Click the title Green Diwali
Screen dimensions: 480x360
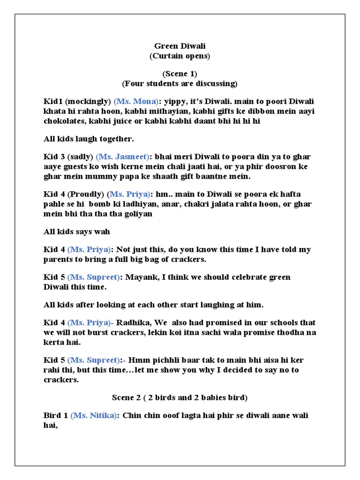pos(180,46)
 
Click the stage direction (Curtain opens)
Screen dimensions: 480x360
pos(180,56)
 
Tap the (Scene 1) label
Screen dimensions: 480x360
pos(180,74)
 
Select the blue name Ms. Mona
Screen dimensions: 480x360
pos(136,102)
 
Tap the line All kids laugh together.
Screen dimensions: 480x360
pos(89,139)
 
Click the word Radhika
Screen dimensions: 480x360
pos(131,322)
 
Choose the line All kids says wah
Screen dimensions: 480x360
pos(77,232)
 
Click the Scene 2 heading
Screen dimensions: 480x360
pos(180,397)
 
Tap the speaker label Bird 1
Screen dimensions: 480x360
pos(56,416)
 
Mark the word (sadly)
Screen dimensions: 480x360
pos(81,157)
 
